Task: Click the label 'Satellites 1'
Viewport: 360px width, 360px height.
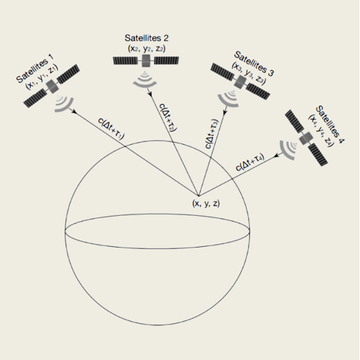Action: point(35,68)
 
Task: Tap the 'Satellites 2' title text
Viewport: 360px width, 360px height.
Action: point(147,38)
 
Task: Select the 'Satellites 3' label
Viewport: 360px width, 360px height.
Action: point(254,64)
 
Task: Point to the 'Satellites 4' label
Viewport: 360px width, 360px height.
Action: point(330,125)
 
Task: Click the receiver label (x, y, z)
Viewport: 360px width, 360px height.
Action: point(206,204)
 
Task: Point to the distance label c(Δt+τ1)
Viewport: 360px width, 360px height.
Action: point(111,128)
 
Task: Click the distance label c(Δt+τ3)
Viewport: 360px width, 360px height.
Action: point(212,134)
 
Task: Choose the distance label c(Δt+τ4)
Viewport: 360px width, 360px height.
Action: point(250,162)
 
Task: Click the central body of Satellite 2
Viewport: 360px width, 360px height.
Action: point(146,61)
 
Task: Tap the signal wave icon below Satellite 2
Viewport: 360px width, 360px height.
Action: point(145,79)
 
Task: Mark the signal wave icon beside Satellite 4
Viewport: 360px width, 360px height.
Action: point(288,150)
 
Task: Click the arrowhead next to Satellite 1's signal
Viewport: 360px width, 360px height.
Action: point(74,111)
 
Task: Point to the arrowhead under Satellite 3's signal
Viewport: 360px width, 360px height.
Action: point(225,112)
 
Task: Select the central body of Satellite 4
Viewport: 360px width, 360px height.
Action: point(306,139)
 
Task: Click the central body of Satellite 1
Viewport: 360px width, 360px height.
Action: point(52,86)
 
